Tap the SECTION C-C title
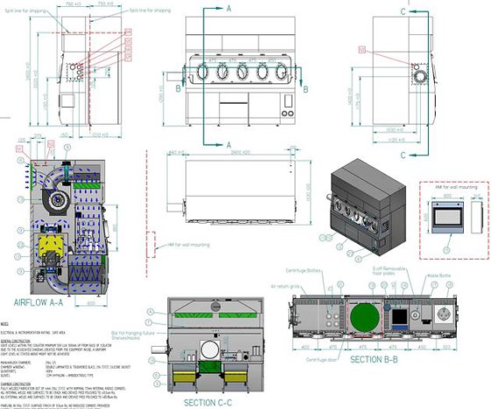pos(209,402)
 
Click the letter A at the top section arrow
pos(229,7)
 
